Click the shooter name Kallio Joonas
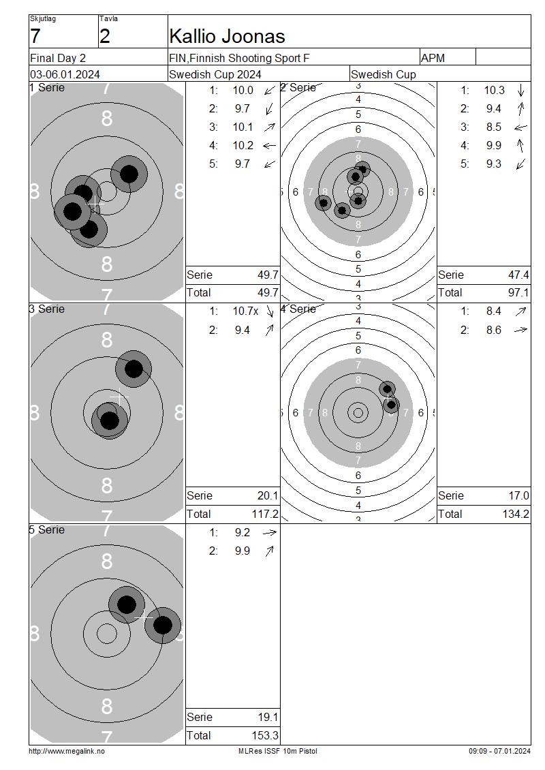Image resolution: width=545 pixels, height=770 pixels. coord(227,37)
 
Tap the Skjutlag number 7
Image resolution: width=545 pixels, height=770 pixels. coord(35,37)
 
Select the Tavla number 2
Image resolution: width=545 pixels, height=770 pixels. coord(105,37)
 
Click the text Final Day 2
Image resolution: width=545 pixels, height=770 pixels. coord(58,59)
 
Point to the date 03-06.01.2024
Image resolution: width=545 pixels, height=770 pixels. coord(65,75)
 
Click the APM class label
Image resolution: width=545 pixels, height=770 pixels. coord(433,59)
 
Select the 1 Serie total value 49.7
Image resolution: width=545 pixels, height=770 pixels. coord(268,293)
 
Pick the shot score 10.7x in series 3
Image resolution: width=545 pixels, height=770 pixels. coord(245,311)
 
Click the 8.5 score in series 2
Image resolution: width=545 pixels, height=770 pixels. coord(494,127)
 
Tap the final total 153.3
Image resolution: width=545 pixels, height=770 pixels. coord(265,736)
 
